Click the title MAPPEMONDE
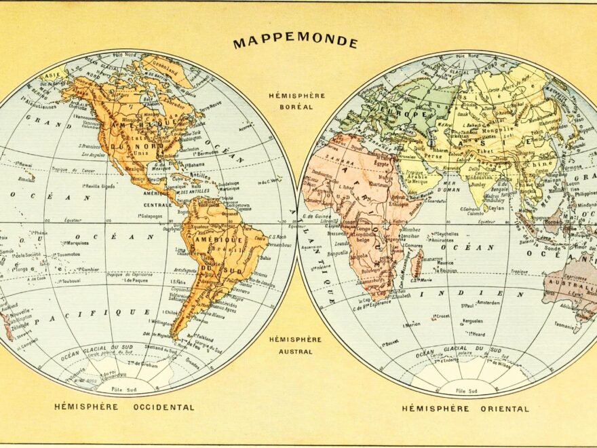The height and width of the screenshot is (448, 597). pyautogui.click(x=295, y=42)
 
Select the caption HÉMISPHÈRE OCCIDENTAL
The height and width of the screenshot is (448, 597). pyautogui.click(x=124, y=407)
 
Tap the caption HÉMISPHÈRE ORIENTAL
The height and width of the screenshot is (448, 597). pyautogui.click(x=465, y=409)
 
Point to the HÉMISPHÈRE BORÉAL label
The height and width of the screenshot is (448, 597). pyautogui.click(x=296, y=101)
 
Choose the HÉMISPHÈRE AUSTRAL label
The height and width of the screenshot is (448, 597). pyautogui.click(x=295, y=345)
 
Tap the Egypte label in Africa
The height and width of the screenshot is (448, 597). pyautogui.click(x=383, y=164)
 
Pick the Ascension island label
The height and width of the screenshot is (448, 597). pyautogui.click(x=311, y=247)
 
